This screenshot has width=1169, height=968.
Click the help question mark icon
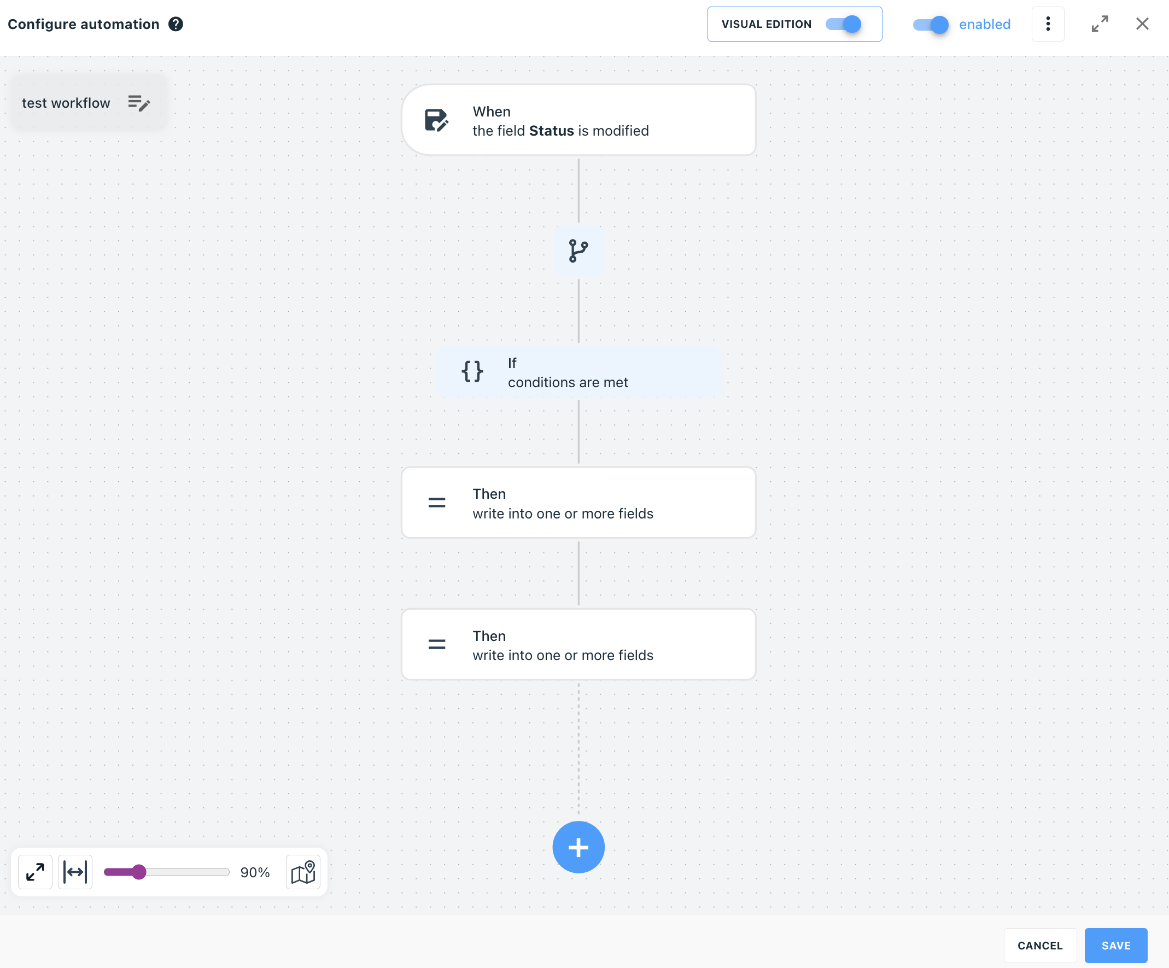[176, 24]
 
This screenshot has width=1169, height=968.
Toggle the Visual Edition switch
[843, 24]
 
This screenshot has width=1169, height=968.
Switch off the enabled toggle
[931, 25]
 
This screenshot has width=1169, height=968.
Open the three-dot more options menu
[1048, 24]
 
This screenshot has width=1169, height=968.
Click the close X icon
[1142, 24]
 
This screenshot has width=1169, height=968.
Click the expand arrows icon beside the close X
[1100, 24]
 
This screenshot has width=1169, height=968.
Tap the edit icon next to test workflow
[139, 103]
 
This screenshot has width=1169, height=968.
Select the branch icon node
[578, 250]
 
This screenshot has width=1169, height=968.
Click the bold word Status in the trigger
[551, 131]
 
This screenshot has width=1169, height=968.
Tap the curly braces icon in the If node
[472, 371]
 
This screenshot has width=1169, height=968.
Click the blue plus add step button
[578, 847]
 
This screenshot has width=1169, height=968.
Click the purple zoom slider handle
[139, 872]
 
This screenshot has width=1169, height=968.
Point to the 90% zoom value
[255, 872]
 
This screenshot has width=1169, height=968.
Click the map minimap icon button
[303, 872]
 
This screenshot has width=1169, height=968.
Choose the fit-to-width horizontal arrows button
[75, 872]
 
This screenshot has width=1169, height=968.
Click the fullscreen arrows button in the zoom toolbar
[35, 872]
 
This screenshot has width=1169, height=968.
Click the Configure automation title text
[84, 24]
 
